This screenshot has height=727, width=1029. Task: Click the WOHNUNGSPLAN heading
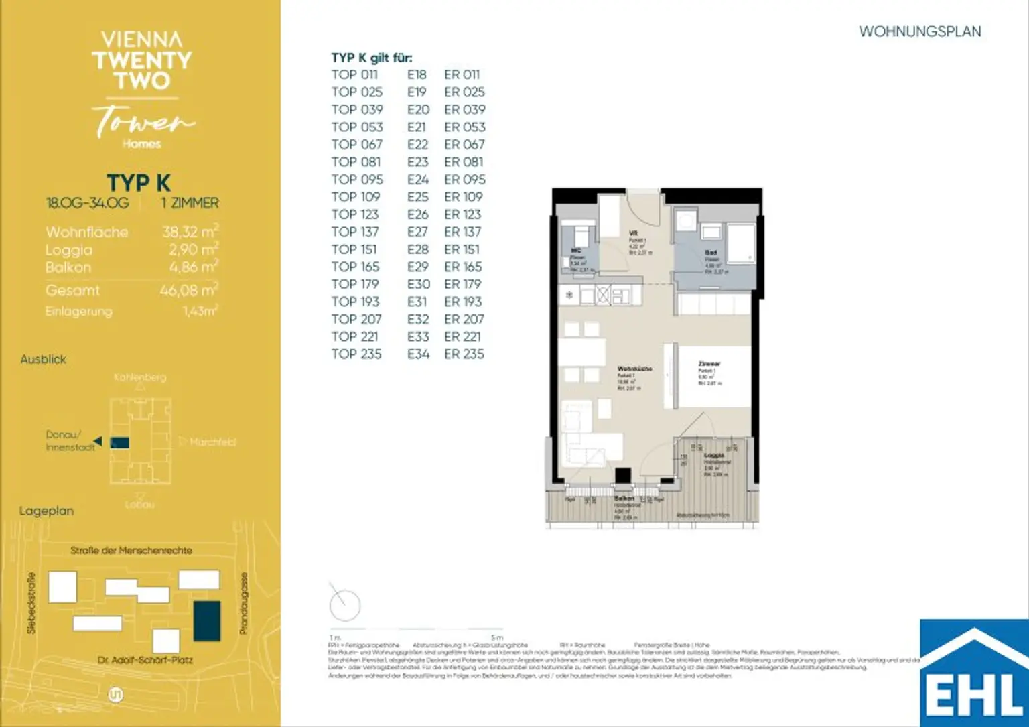[920, 31]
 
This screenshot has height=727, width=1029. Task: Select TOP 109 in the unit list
[355, 197]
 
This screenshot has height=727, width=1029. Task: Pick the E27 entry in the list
[417, 232]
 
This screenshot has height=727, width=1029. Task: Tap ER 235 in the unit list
[464, 354]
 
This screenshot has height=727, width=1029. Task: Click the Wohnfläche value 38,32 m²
[190, 232]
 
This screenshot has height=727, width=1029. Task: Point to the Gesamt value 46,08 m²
[188, 290]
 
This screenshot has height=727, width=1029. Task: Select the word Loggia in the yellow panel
[69, 250]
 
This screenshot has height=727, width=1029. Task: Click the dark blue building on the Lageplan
[207, 620]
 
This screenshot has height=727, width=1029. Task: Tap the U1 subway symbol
[115, 695]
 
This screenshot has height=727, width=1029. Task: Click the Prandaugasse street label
[244, 603]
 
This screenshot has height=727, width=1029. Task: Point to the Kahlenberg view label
[140, 377]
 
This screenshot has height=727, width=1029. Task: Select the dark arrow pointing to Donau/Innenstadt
[98, 441]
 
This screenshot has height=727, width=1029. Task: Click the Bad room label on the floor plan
[711, 253]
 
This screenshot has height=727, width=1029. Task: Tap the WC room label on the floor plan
[575, 251]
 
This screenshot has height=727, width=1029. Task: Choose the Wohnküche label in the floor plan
[634, 369]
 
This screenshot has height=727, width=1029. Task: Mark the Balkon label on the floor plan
[624, 499]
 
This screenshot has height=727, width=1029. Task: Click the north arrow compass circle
[345, 605]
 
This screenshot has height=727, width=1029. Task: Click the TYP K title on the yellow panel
[139, 183]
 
